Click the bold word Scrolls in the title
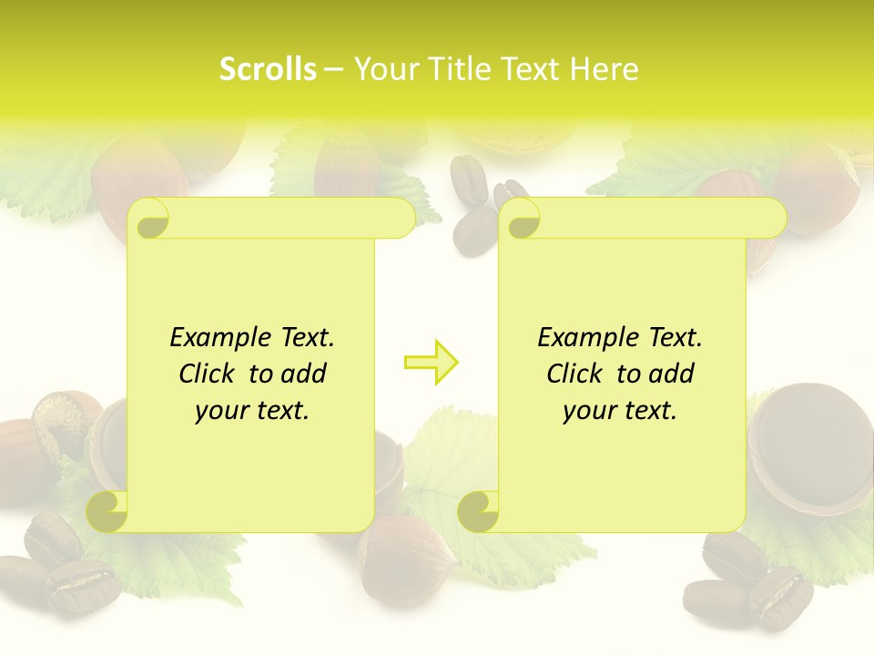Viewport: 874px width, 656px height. pos(268,69)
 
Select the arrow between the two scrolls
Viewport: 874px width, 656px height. pos(432,363)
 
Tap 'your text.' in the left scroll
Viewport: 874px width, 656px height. pos(252,410)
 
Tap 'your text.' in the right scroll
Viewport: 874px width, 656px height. pos(620,410)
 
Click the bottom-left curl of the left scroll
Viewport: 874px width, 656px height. pos(107,511)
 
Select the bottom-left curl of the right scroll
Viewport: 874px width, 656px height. pos(478,511)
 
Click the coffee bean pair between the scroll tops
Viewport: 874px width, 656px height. pos(475,219)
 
